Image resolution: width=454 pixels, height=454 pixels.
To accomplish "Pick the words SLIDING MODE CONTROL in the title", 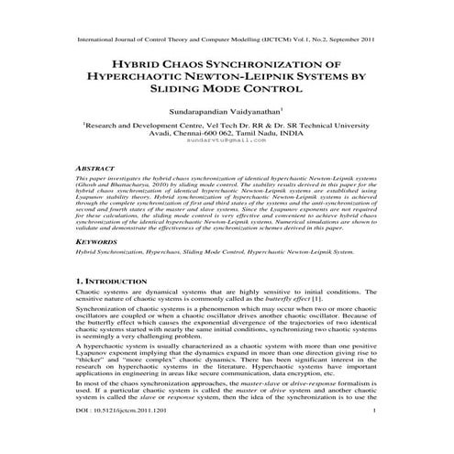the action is (x=227, y=94).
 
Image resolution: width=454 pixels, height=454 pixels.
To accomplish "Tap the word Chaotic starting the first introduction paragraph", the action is (x=89, y=291).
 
